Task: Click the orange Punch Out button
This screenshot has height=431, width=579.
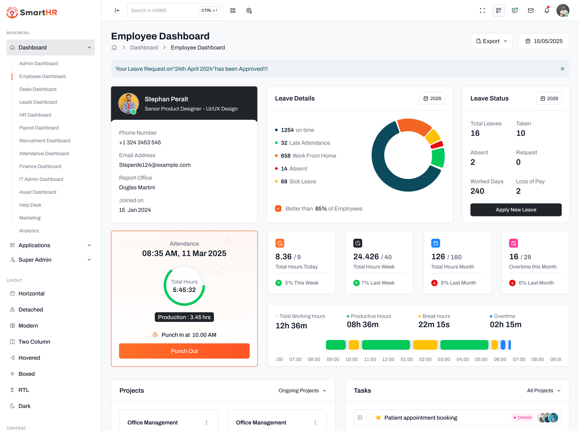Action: coord(184,351)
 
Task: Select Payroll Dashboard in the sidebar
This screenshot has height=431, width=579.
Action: coord(39,128)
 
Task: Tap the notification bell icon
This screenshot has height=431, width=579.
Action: coord(547,10)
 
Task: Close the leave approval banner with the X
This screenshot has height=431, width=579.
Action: coord(562,69)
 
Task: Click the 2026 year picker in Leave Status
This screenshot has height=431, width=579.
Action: coord(549,98)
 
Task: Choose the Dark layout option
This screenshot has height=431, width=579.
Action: coord(24,406)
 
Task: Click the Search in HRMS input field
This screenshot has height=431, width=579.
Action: coord(163,10)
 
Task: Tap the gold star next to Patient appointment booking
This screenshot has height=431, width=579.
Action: coord(378,418)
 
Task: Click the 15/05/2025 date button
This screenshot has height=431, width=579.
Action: coord(544,41)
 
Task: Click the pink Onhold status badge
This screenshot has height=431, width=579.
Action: coord(522,418)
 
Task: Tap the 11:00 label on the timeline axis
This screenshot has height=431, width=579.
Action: coord(370,359)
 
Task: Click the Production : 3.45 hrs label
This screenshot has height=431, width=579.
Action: coord(184,317)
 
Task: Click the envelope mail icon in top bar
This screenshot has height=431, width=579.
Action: coord(531,10)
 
